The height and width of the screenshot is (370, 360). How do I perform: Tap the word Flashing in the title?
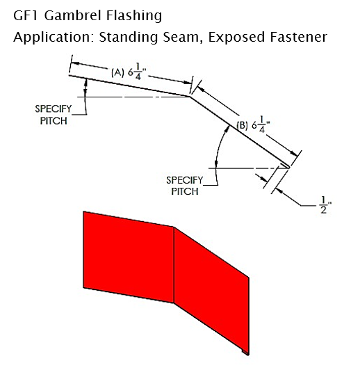tap(134, 16)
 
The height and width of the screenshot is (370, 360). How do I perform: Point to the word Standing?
tap(129, 38)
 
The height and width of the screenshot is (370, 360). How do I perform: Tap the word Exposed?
tap(236, 38)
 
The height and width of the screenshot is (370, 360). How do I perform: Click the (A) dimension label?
tap(117, 72)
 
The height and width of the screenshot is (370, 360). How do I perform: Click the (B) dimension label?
tap(242, 125)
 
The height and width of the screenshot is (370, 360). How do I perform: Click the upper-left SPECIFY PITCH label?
tap(54, 115)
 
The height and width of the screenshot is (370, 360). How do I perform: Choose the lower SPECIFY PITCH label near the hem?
tap(185, 186)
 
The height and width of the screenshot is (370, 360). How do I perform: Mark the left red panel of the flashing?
tap(129, 257)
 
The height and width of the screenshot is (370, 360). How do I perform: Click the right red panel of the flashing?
tap(211, 289)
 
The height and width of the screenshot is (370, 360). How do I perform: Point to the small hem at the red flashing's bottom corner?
tap(245, 353)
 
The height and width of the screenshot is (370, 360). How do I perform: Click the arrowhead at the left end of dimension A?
tap(74, 64)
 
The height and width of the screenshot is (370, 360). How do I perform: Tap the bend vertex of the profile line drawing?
tap(190, 96)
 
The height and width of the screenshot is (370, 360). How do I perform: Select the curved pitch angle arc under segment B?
tap(218, 146)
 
